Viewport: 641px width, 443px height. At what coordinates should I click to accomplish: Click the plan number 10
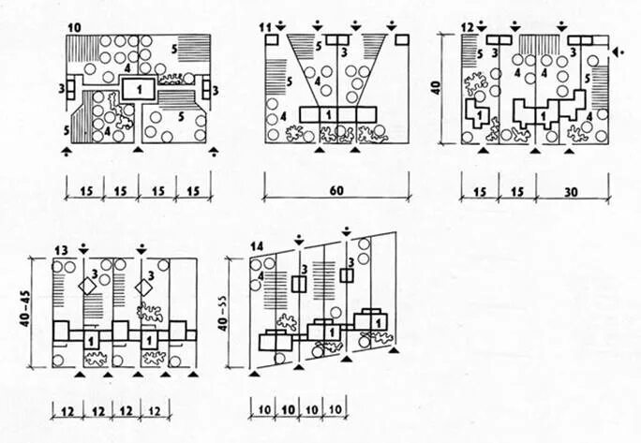pyautogui.click(x=74, y=21)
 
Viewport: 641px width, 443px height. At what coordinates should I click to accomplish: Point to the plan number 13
pyautogui.click(x=62, y=250)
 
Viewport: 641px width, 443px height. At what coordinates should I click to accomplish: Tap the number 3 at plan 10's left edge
pyautogui.click(x=61, y=89)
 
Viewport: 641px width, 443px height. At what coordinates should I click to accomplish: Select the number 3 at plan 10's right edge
pyautogui.click(x=216, y=91)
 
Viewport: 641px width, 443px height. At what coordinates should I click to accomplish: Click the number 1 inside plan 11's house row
pyautogui.click(x=328, y=113)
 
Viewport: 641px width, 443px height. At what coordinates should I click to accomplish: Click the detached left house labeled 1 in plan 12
pyautogui.click(x=477, y=115)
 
